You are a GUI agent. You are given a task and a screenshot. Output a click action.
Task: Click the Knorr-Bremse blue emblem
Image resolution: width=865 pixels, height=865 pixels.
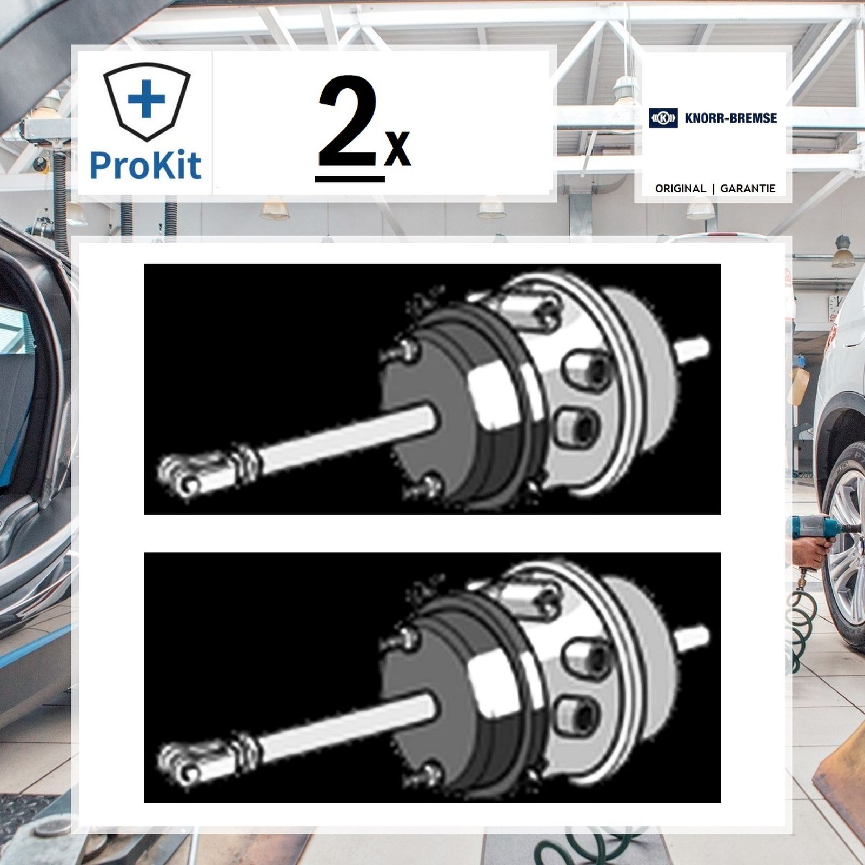[663, 118]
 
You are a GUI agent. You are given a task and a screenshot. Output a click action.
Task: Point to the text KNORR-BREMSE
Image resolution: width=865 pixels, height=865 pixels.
[730, 118]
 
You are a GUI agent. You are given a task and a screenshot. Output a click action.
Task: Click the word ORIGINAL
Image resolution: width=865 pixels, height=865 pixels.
[680, 189]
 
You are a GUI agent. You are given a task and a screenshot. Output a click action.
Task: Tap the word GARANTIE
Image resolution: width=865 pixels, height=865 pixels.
[748, 189]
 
